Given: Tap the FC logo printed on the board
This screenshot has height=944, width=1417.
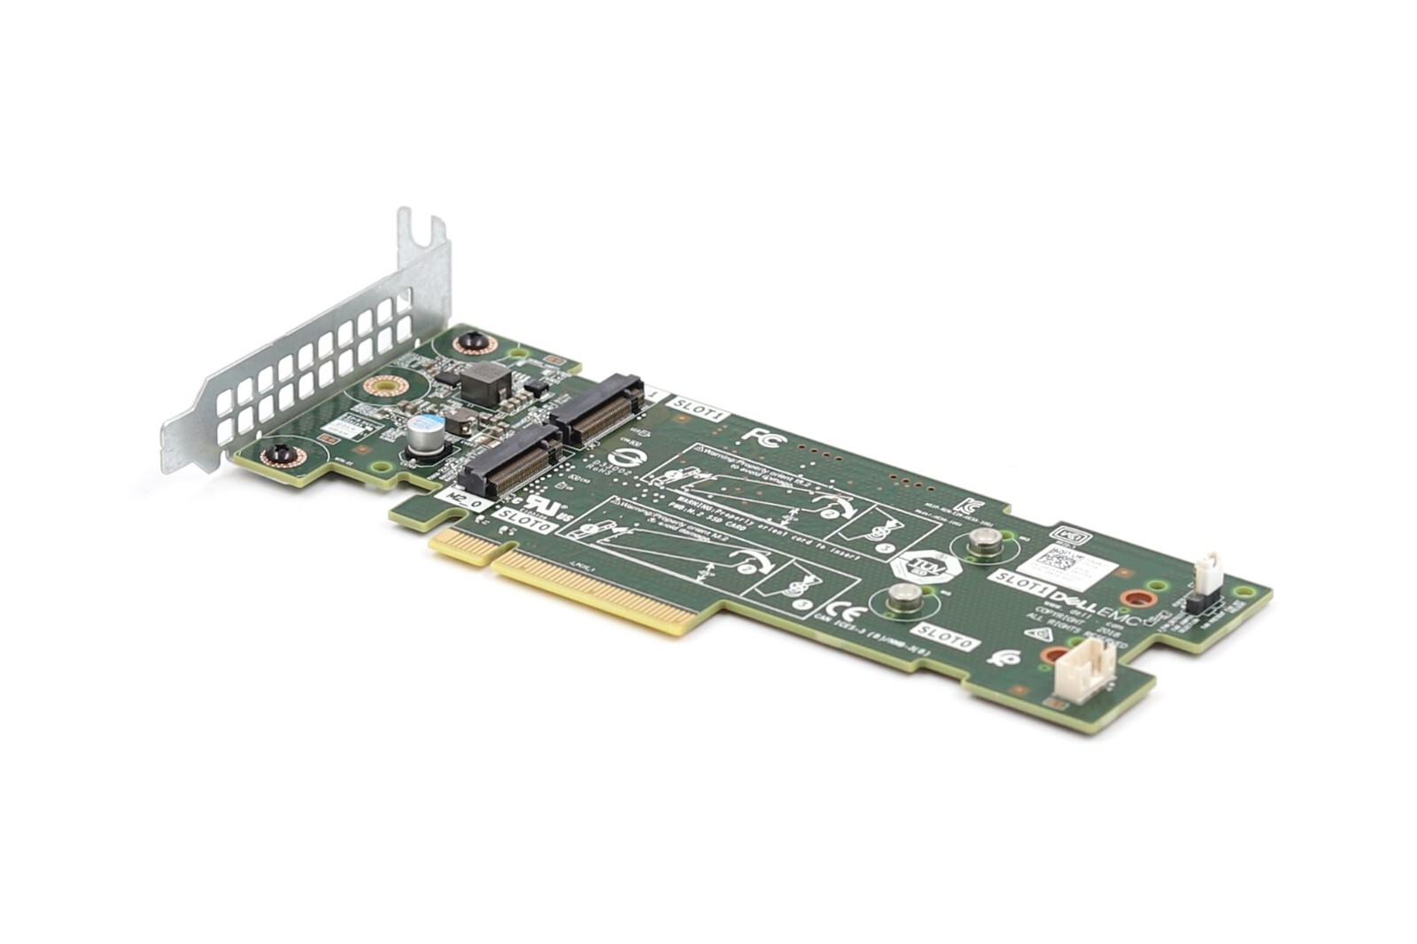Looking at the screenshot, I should (760, 436).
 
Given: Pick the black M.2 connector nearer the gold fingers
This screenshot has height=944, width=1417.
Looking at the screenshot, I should (509, 458).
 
